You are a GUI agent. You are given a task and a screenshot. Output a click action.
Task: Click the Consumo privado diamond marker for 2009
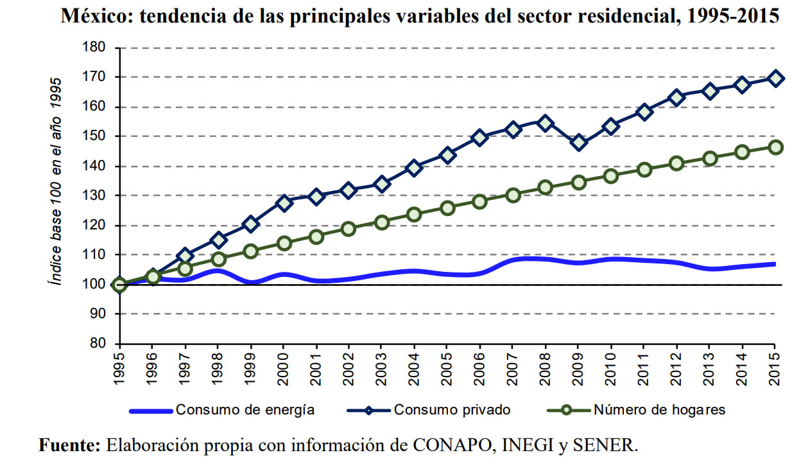pyautogui.click(x=579, y=143)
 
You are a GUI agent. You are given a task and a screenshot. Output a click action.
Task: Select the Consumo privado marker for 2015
pyautogui.click(x=775, y=78)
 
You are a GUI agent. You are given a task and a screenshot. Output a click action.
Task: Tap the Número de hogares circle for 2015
pyautogui.click(x=775, y=147)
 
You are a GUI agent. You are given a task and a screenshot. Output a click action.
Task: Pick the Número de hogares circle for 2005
pyautogui.click(x=447, y=208)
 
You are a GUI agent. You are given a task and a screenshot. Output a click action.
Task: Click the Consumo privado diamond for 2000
pyautogui.click(x=283, y=203)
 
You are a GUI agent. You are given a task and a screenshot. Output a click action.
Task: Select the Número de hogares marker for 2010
pyautogui.click(x=611, y=176)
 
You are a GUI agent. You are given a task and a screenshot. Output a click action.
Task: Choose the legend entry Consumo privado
pyautogui.click(x=452, y=410)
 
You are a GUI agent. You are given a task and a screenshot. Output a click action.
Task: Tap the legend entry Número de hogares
pyautogui.click(x=659, y=410)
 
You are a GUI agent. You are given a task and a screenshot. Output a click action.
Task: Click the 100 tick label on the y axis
pyautogui.click(x=94, y=285)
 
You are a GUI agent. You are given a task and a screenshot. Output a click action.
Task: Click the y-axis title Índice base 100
pyautogui.click(x=56, y=181)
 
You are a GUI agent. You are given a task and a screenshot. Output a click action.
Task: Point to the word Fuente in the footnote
pyautogui.click(x=69, y=445)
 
